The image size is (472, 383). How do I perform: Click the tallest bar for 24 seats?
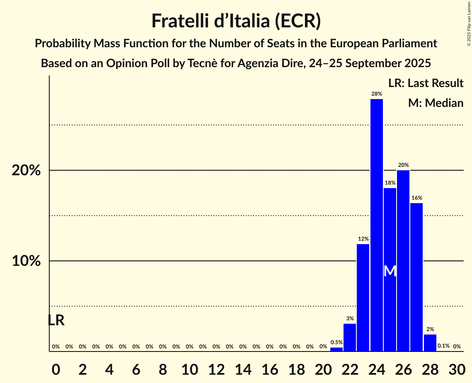(x=376, y=225)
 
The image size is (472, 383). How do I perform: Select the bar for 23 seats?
(x=363, y=298)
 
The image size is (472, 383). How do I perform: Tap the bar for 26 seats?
(x=403, y=261)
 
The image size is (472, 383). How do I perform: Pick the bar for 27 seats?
(x=416, y=277)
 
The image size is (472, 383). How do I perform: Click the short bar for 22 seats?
(x=350, y=337)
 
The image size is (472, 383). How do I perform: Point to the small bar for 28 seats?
(x=430, y=343)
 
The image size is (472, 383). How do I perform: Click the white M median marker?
(x=390, y=271)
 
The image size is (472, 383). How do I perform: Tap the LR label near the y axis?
(x=56, y=320)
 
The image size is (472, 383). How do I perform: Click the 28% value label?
(x=376, y=94)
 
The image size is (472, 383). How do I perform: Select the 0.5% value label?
(x=336, y=342)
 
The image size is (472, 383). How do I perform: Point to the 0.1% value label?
(x=443, y=346)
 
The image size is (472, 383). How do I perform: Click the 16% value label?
(x=416, y=198)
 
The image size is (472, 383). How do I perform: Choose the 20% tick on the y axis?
(x=26, y=170)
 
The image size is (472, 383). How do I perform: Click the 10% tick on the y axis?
(x=26, y=261)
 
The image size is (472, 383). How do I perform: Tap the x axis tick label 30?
(x=457, y=367)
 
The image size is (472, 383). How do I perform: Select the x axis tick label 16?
(x=270, y=367)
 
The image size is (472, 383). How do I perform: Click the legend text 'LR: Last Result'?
(x=426, y=83)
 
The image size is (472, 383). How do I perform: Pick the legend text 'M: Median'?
(x=436, y=103)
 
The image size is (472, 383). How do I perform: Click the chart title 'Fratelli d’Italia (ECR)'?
(x=236, y=21)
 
